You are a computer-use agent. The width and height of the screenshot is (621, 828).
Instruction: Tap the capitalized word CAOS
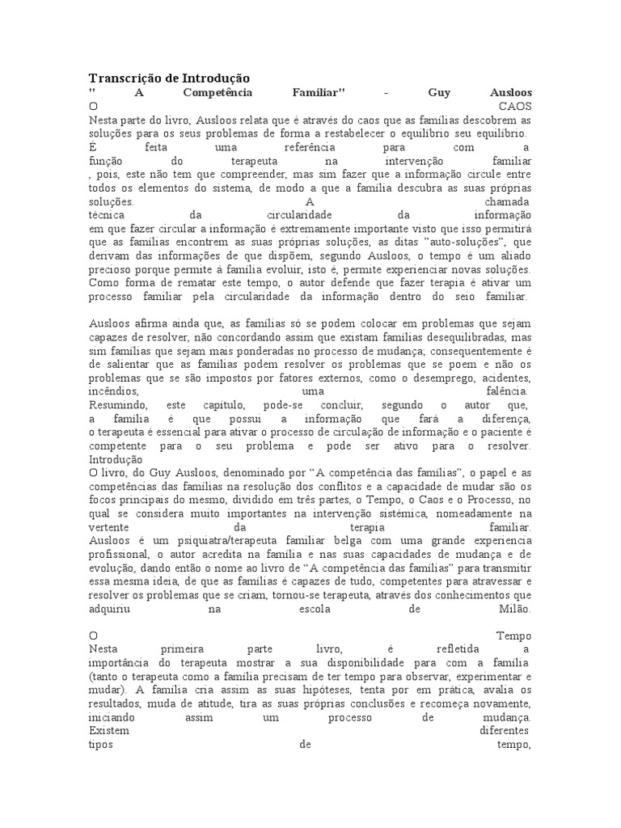click(514, 106)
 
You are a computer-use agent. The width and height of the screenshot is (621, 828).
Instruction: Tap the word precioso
click(112, 268)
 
